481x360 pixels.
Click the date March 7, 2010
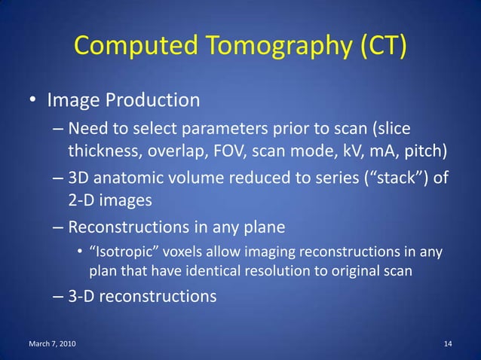[x=52, y=344]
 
